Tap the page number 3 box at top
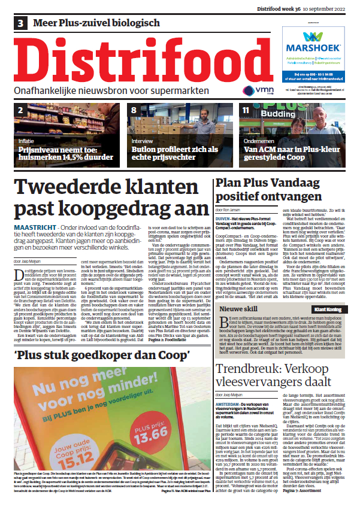22,23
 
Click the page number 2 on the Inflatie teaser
20,111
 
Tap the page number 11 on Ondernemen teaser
246,111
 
